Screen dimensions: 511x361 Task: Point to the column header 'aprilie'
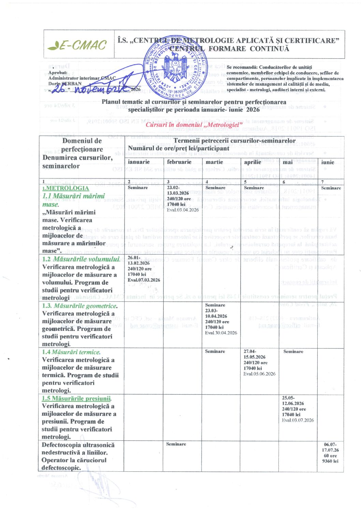252,162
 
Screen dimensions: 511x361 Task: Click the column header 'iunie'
328,162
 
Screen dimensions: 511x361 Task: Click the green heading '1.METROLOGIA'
66,188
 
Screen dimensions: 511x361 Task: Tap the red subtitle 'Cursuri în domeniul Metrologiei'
194,125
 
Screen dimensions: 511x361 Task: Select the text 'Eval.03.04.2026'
183,210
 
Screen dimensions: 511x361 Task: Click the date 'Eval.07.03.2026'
144,280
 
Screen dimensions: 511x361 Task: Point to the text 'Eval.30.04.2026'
221,333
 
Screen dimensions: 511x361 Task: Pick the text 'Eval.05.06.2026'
259,374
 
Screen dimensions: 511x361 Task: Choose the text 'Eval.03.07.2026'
298,420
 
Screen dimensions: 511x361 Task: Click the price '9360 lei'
330,461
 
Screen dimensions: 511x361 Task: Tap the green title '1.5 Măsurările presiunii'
76,398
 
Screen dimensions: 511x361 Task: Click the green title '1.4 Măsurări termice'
71,352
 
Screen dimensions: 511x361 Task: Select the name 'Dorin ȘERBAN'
65,84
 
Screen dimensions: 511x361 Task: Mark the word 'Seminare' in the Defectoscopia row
176,444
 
